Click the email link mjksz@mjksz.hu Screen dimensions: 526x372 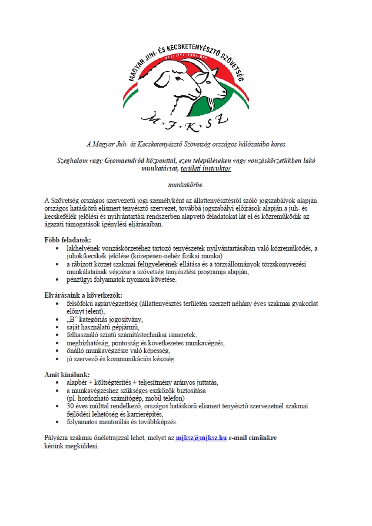point(201,438)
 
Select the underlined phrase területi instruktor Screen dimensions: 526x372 point(210,168)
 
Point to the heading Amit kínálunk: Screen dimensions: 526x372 point(67,374)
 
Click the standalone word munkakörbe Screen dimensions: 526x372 point(185,184)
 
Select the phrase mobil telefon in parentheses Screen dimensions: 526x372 point(151,398)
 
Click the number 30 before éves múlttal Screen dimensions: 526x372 point(70,406)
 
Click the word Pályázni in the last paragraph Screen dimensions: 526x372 point(58,438)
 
